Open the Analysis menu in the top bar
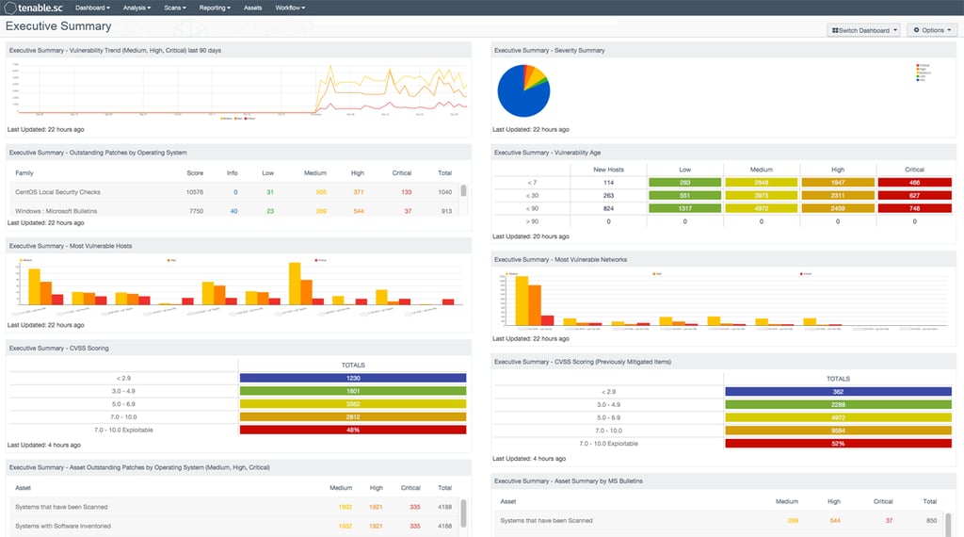pyautogui.click(x=137, y=8)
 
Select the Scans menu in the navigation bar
pyautogui.click(x=175, y=8)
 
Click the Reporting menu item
pyautogui.click(x=215, y=8)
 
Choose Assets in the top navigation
pyautogui.click(x=253, y=8)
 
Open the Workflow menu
pyautogui.click(x=291, y=8)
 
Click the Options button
pyautogui.click(x=932, y=30)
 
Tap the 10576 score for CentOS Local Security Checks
pyautogui.click(x=195, y=191)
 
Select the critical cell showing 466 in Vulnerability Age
pyautogui.click(x=914, y=182)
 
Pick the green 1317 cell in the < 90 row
pyautogui.click(x=684, y=208)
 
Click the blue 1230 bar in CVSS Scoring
pyautogui.click(x=353, y=378)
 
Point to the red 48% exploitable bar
pyautogui.click(x=353, y=430)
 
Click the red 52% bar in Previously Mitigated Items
pyautogui.click(x=838, y=443)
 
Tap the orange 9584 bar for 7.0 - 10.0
pyautogui.click(x=838, y=430)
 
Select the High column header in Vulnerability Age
pyautogui.click(x=838, y=170)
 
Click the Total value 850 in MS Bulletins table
pyautogui.click(x=930, y=520)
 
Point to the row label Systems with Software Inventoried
pyautogui.click(x=63, y=526)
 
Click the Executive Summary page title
pyautogui.click(x=58, y=26)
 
